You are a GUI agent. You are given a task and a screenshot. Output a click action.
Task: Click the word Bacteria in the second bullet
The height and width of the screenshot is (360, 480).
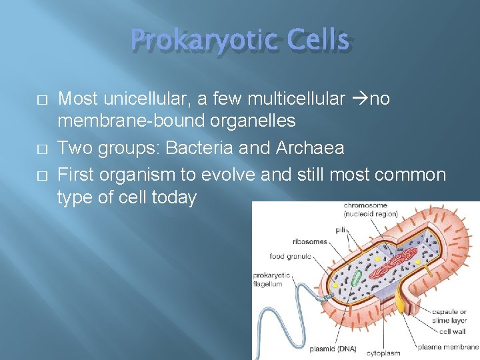pos(201,147)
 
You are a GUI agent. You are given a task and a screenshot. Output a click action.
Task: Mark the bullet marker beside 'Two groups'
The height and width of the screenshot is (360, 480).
pos(41,148)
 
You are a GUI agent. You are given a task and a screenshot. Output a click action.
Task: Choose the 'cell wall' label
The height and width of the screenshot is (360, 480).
pos(453,331)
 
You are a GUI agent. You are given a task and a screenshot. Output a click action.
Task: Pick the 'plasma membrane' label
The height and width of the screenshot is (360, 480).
pos(448,347)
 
